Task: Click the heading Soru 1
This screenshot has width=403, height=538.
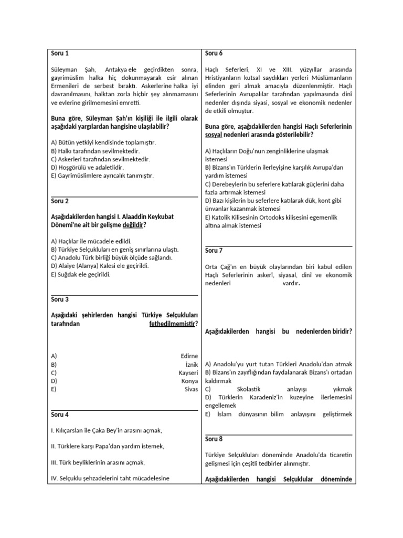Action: click(60, 53)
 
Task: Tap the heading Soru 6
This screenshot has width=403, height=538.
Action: click(214, 53)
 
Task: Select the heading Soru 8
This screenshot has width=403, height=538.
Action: click(214, 439)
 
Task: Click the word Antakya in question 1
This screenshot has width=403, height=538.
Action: click(116, 70)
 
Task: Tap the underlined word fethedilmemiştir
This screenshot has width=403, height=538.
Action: click(172, 324)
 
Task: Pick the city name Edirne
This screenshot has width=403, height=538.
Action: click(189, 356)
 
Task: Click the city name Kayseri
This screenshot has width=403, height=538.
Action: click(188, 373)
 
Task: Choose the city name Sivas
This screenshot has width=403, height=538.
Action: click(191, 389)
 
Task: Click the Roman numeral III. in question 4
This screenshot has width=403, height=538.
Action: click(55, 462)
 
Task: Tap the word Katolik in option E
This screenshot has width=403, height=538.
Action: click(221, 217)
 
